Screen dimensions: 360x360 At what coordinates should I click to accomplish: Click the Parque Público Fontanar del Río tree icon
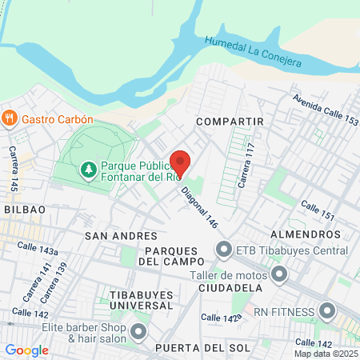[x=87, y=170]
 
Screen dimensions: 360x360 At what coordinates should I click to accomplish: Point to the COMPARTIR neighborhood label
[x=230, y=121]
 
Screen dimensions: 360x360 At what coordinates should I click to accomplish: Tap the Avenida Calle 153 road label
[x=325, y=110]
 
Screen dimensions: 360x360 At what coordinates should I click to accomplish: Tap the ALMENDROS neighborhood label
[x=306, y=234]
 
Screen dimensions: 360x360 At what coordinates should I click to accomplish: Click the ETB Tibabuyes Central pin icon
[x=223, y=251]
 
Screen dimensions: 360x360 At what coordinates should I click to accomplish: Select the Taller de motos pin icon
[x=278, y=276]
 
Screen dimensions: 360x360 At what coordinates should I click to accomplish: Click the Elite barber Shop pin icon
[x=139, y=331]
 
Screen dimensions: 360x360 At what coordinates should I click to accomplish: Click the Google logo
[x=26, y=350]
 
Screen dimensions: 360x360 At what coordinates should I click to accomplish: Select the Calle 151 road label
[x=317, y=212]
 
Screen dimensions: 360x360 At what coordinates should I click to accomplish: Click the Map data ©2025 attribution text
[x=326, y=354]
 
